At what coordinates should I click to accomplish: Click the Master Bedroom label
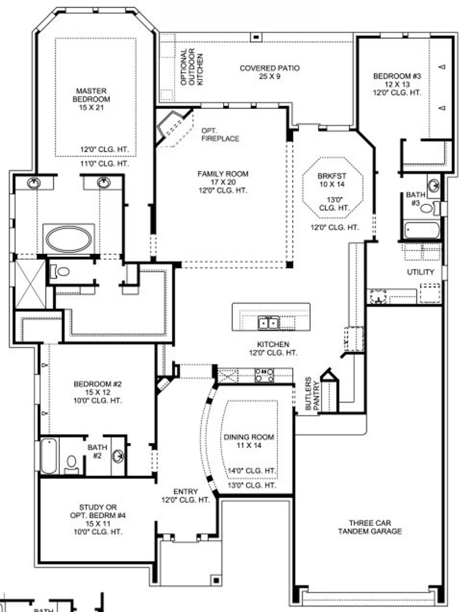[91, 99]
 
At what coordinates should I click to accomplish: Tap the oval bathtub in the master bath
[69, 239]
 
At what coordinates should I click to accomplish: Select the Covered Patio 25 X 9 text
[269, 72]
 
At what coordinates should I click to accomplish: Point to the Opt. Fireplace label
[220, 134]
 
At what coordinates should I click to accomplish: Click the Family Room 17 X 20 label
[223, 182]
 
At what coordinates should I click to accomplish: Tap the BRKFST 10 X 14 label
[332, 180]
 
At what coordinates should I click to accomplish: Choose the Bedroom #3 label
[397, 84]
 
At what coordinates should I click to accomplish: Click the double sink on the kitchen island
[268, 323]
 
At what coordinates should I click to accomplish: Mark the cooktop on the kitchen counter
[264, 375]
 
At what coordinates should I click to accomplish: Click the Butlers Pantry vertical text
[312, 394]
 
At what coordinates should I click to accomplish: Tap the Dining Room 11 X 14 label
[249, 441]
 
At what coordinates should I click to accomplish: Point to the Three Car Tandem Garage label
[370, 527]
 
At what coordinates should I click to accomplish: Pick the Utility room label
[420, 272]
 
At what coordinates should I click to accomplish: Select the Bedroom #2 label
[97, 392]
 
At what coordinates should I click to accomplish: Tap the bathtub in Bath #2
[49, 455]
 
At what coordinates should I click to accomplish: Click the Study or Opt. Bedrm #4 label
[98, 520]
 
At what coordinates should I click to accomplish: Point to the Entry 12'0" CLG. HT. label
[186, 496]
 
